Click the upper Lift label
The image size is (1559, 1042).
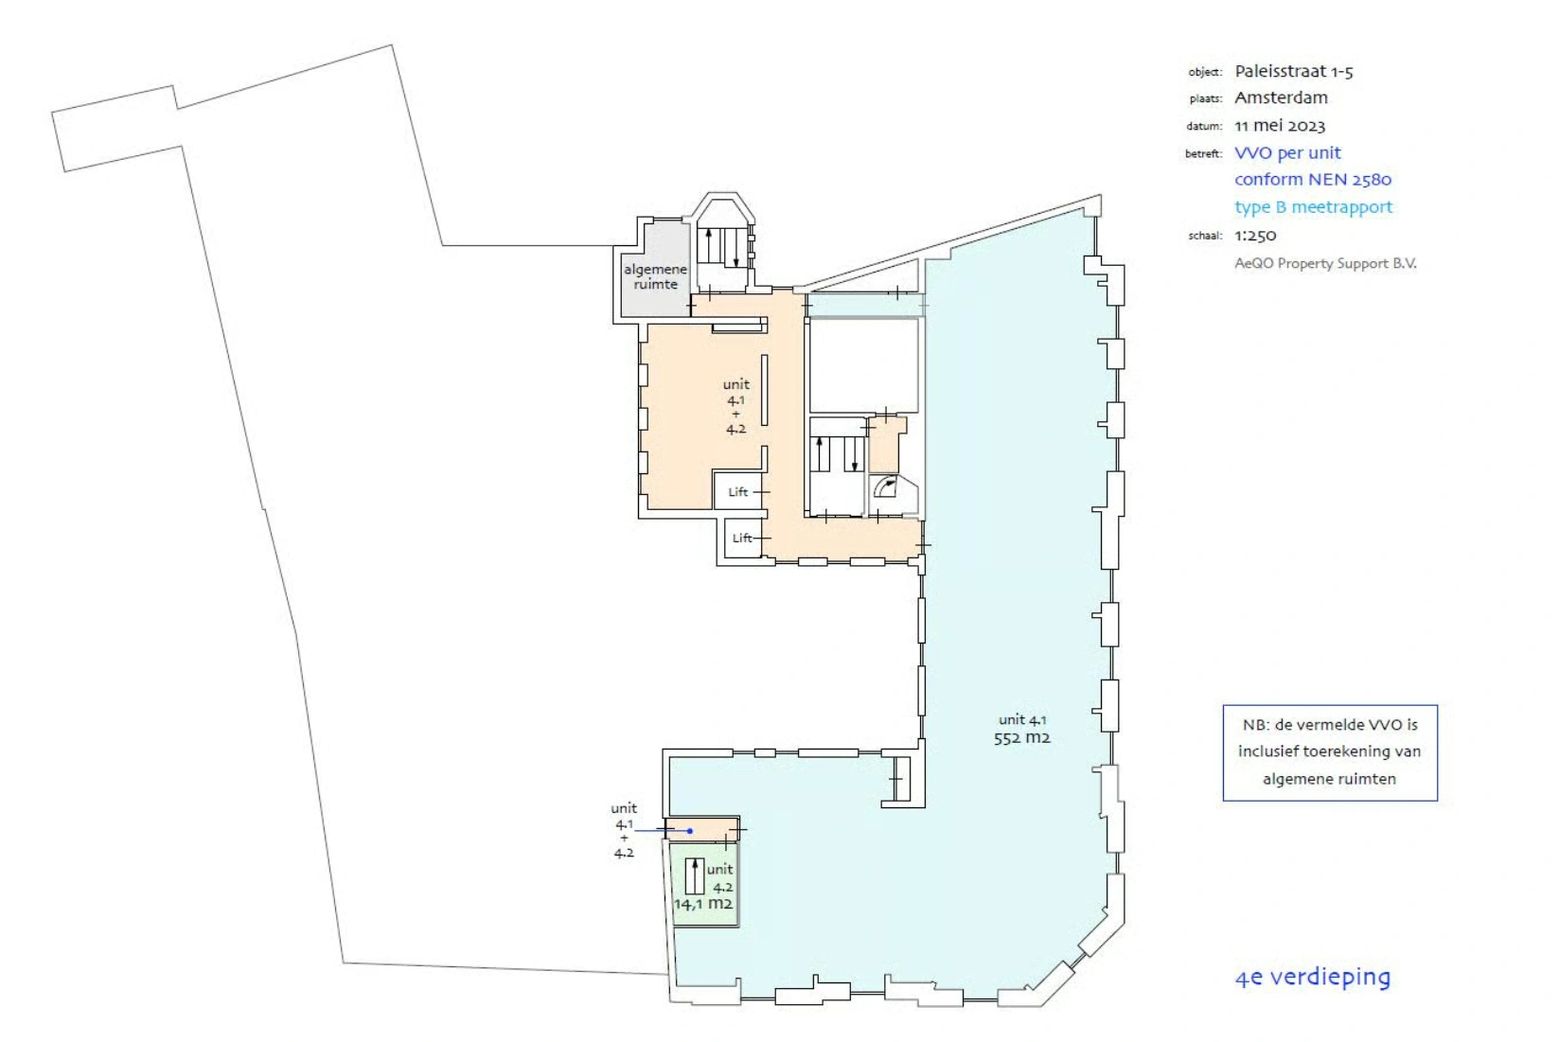coord(738,492)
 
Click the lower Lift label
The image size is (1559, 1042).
coord(742,539)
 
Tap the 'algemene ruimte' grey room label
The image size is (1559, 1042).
coord(655,276)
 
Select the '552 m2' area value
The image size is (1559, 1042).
coord(1021,738)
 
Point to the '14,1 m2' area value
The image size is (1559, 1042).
coord(702,904)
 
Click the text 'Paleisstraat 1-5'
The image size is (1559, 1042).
coord(1293,71)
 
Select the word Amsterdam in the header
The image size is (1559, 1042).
coord(1281,97)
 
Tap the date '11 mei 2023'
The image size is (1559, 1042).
coord(1279,125)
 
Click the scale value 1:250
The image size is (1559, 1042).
coord(1255,235)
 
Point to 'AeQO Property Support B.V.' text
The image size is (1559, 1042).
coord(1325,263)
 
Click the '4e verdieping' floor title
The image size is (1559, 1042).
coord(1312,977)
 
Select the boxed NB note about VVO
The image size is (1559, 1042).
coord(1329,752)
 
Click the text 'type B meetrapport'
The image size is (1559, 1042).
coord(1313,206)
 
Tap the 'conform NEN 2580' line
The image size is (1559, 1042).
coord(1312,179)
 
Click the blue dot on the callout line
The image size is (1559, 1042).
coord(690,831)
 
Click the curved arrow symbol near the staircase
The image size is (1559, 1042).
coord(886,487)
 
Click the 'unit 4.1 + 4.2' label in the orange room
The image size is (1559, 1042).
coord(735,406)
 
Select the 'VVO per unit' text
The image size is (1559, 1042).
coord(1287,152)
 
